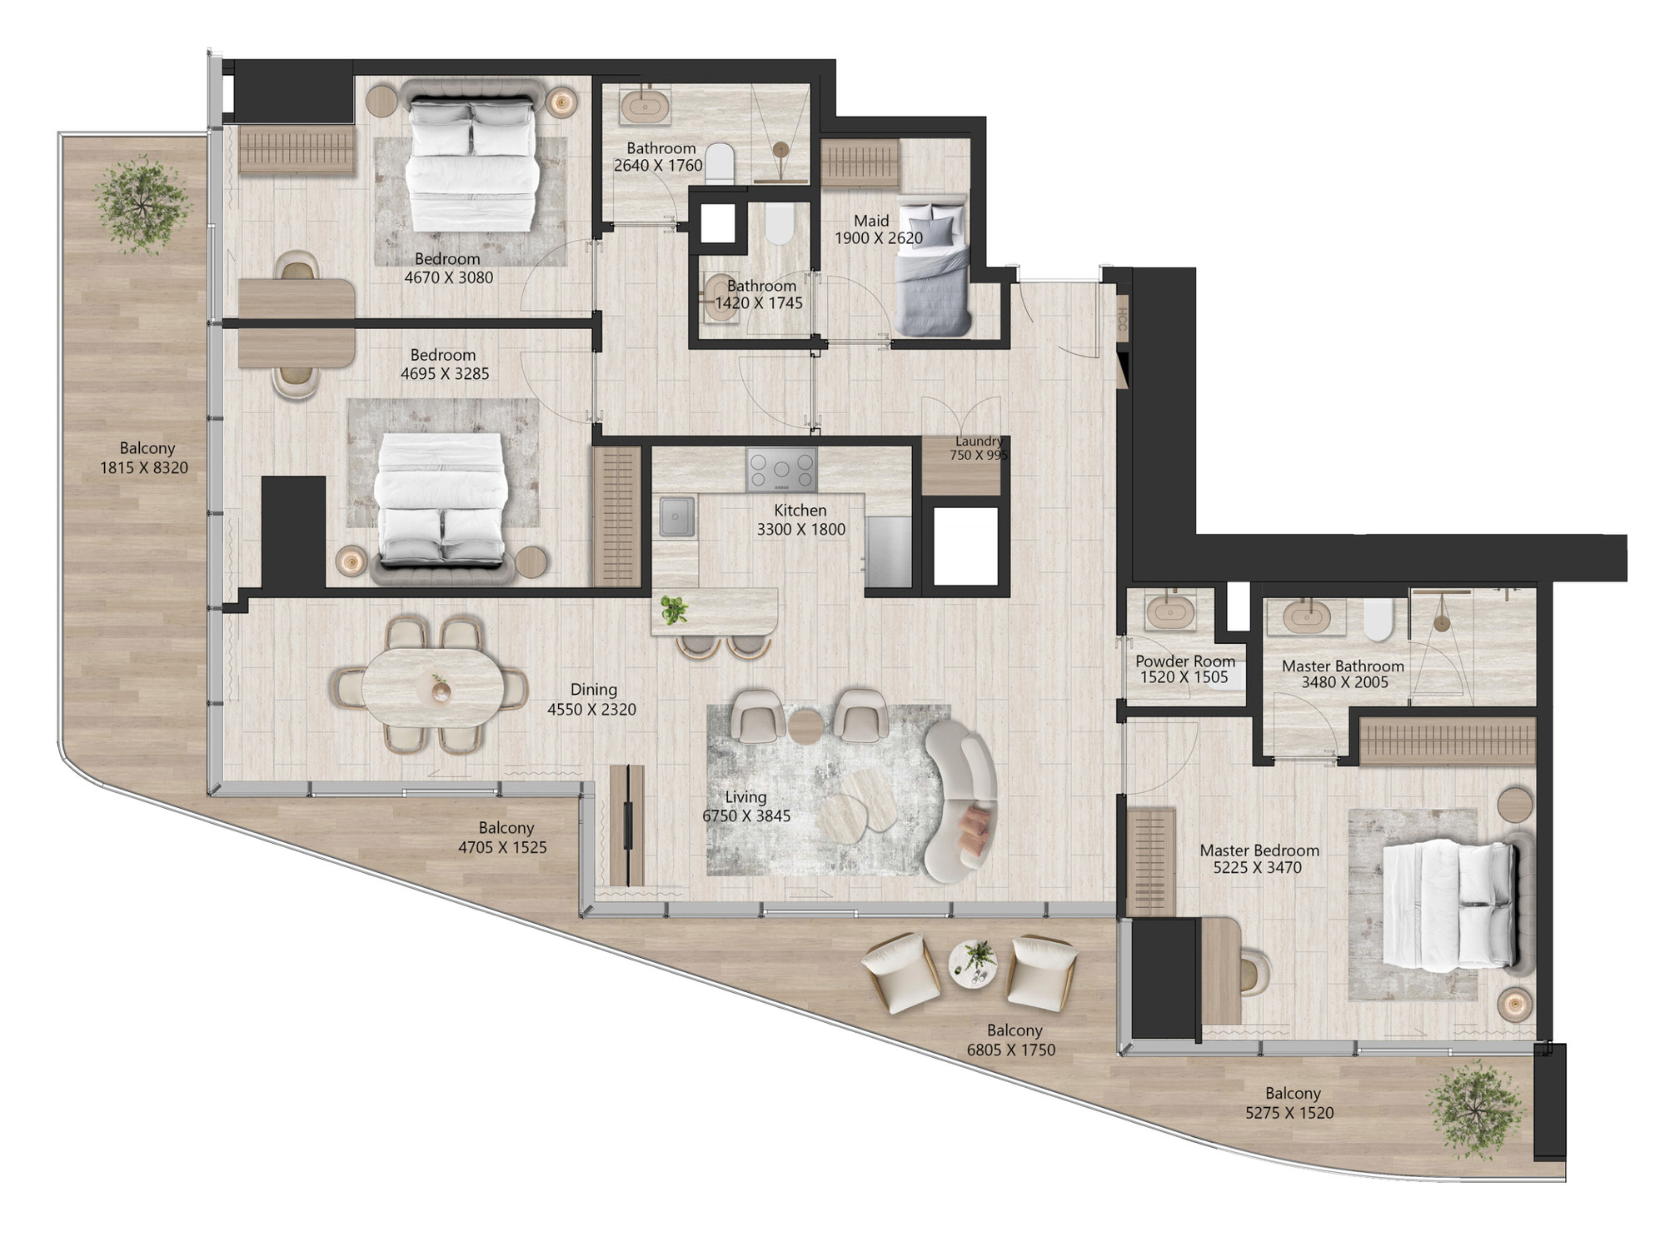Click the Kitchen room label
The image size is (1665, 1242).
click(x=800, y=510)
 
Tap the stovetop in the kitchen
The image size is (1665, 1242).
click(x=781, y=470)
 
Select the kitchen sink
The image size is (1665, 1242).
click(x=677, y=516)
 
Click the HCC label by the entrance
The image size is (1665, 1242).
click(x=1121, y=320)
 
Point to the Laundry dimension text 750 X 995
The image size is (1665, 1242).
click(x=979, y=456)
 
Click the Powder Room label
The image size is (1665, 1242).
click(x=1185, y=661)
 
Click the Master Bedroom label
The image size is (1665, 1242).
click(x=1259, y=850)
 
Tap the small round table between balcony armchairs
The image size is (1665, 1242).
click(x=975, y=964)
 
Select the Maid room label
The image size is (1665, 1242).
click(x=871, y=221)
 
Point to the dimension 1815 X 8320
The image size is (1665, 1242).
click(x=144, y=467)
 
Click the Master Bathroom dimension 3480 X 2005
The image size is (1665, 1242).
click(x=1344, y=682)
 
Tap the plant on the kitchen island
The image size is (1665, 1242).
click(x=674, y=610)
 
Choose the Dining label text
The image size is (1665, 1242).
click(x=593, y=690)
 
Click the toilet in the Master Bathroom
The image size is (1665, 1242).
click(x=1378, y=620)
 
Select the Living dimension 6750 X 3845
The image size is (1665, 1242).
click(x=746, y=816)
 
